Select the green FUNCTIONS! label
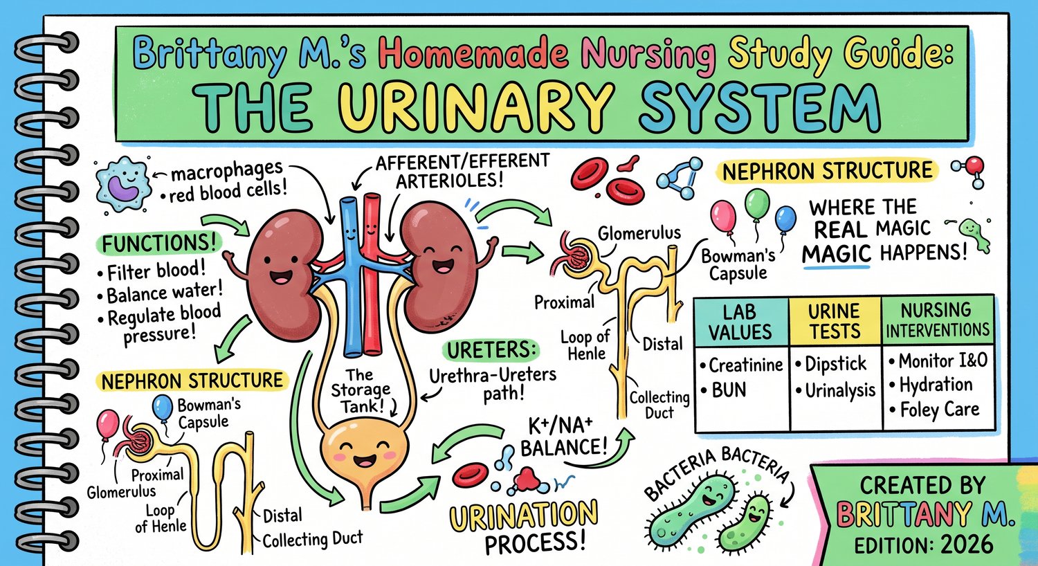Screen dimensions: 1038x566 pos(159,243)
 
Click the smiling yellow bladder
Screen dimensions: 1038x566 pos(365,456)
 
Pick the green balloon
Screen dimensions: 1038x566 pos(757,204)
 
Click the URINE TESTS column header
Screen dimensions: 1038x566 pos(834,321)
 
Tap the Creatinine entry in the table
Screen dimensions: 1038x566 pos(741,365)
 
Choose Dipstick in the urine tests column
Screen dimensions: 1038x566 pos(831,363)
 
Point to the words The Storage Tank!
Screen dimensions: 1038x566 pos(360,390)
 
